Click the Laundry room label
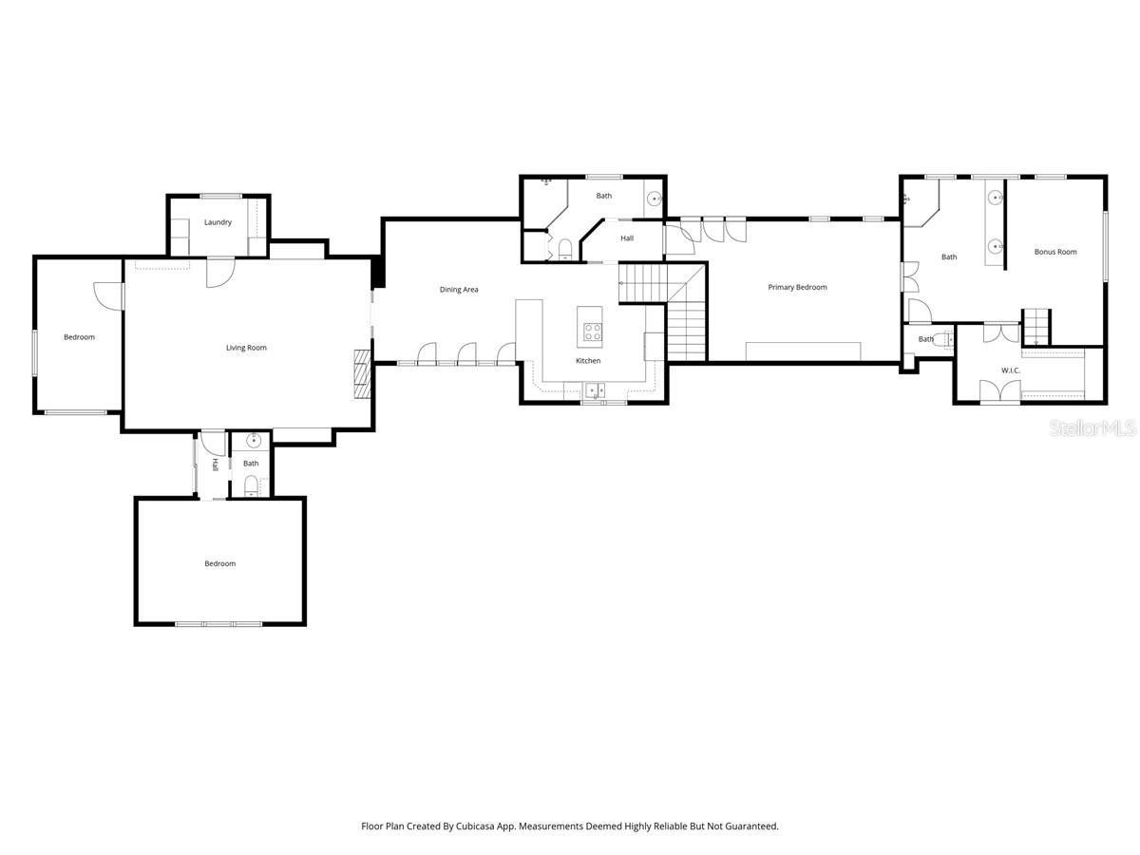click(x=218, y=222)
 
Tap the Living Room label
click(x=246, y=348)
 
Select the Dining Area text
click(x=458, y=290)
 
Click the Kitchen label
click(x=588, y=361)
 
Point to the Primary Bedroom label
click(x=797, y=287)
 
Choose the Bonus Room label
click(x=1055, y=252)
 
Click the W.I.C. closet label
click(x=1010, y=370)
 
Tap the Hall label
click(x=627, y=238)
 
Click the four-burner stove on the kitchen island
click(x=593, y=332)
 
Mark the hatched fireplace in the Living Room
click(x=361, y=375)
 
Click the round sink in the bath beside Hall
click(x=654, y=199)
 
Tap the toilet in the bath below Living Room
click(x=251, y=487)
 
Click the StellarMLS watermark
click(x=1092, y=429)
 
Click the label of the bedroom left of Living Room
click(x=79, y=337)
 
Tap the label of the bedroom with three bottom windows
click(x=219, y=564)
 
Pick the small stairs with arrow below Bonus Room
click(x=1035, y=328)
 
